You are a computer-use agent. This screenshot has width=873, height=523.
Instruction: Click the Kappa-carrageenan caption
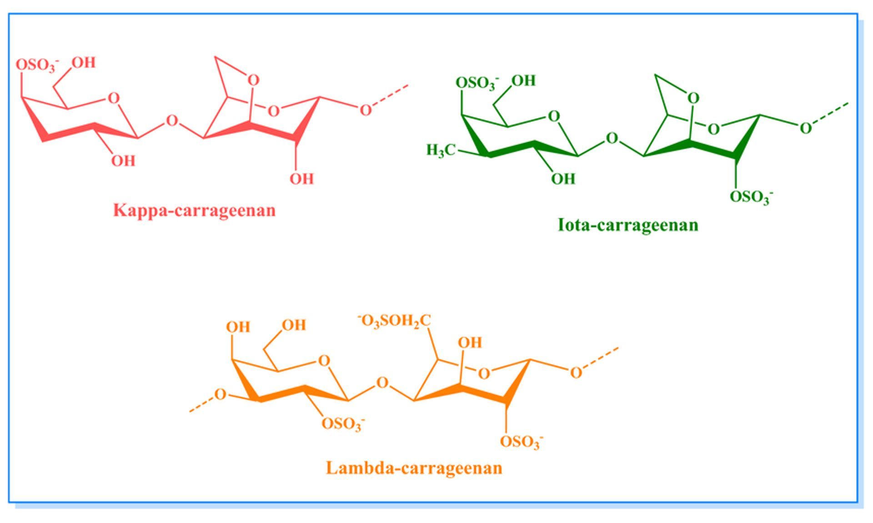(x=195, y=211)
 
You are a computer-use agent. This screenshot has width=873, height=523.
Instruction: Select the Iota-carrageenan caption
(x=628, y=225)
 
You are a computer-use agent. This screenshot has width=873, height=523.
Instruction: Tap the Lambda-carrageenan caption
(x=414, y=468)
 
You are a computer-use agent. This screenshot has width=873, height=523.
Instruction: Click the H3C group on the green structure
(x=441, y=150)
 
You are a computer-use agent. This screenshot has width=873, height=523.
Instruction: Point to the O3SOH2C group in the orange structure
(x=394, y=321)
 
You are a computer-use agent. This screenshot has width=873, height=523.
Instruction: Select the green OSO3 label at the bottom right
(x=752, y=198)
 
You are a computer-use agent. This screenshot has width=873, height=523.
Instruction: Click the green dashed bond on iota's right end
(x=831, y=113)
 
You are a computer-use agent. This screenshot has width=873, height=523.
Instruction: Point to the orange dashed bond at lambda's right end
(x=601, y=358)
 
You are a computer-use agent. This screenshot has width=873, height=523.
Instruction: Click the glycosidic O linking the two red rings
(x=172, y=121)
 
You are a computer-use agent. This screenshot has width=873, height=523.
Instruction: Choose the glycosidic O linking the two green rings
(x=612, y=138)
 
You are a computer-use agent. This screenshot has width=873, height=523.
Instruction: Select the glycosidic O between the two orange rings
(x=383, y=383)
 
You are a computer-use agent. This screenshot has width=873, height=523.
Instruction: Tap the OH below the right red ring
(x=302, y=179)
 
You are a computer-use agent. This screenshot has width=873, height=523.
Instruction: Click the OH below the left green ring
(x=563, y=179)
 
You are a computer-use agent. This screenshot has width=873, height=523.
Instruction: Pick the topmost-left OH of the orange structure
(x=238, y=327)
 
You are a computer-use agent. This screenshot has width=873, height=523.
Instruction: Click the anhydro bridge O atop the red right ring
(x=253, y=80)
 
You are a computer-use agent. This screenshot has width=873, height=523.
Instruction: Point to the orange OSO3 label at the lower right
(x=522, y=442)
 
